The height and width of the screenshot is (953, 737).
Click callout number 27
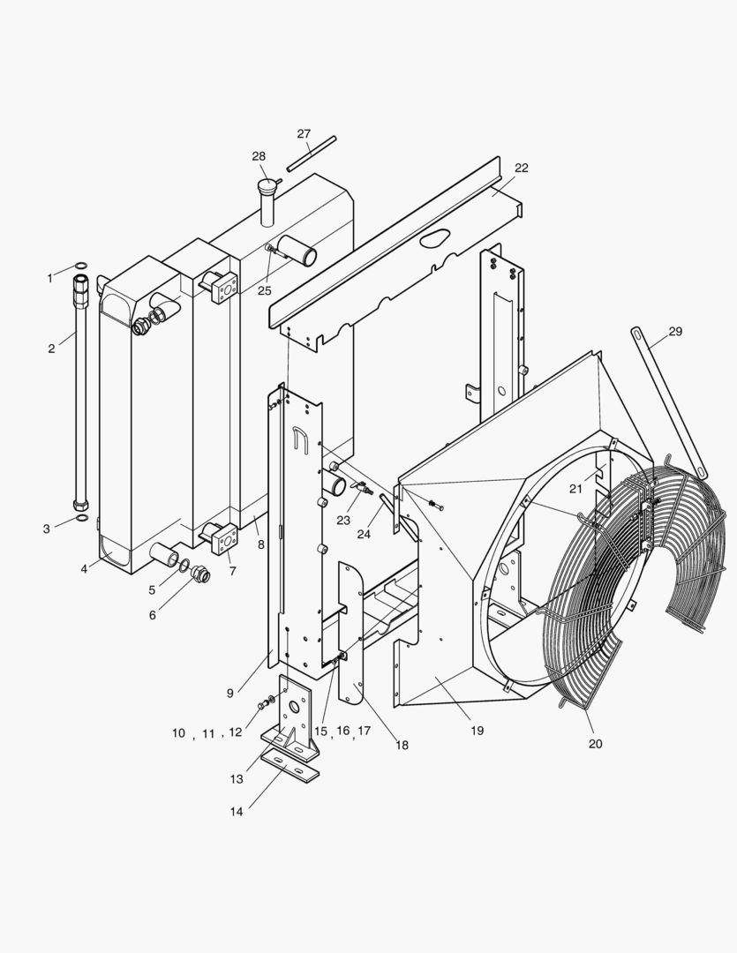click(x=304, y=134)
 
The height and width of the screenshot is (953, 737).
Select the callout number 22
click(x=522, y=168)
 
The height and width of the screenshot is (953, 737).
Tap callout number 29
click(x=675, y=332)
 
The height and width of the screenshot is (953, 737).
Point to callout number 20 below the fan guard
click(x=595, y=744)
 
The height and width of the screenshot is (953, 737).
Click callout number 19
click(x=477, y=731)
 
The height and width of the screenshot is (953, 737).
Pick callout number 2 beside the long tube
click(x=51, y=348)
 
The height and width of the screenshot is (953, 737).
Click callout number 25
click(x=265, y=290)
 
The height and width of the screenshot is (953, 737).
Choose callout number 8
click(x=261, y=544)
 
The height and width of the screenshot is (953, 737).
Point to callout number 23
click(x=344, y=520)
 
